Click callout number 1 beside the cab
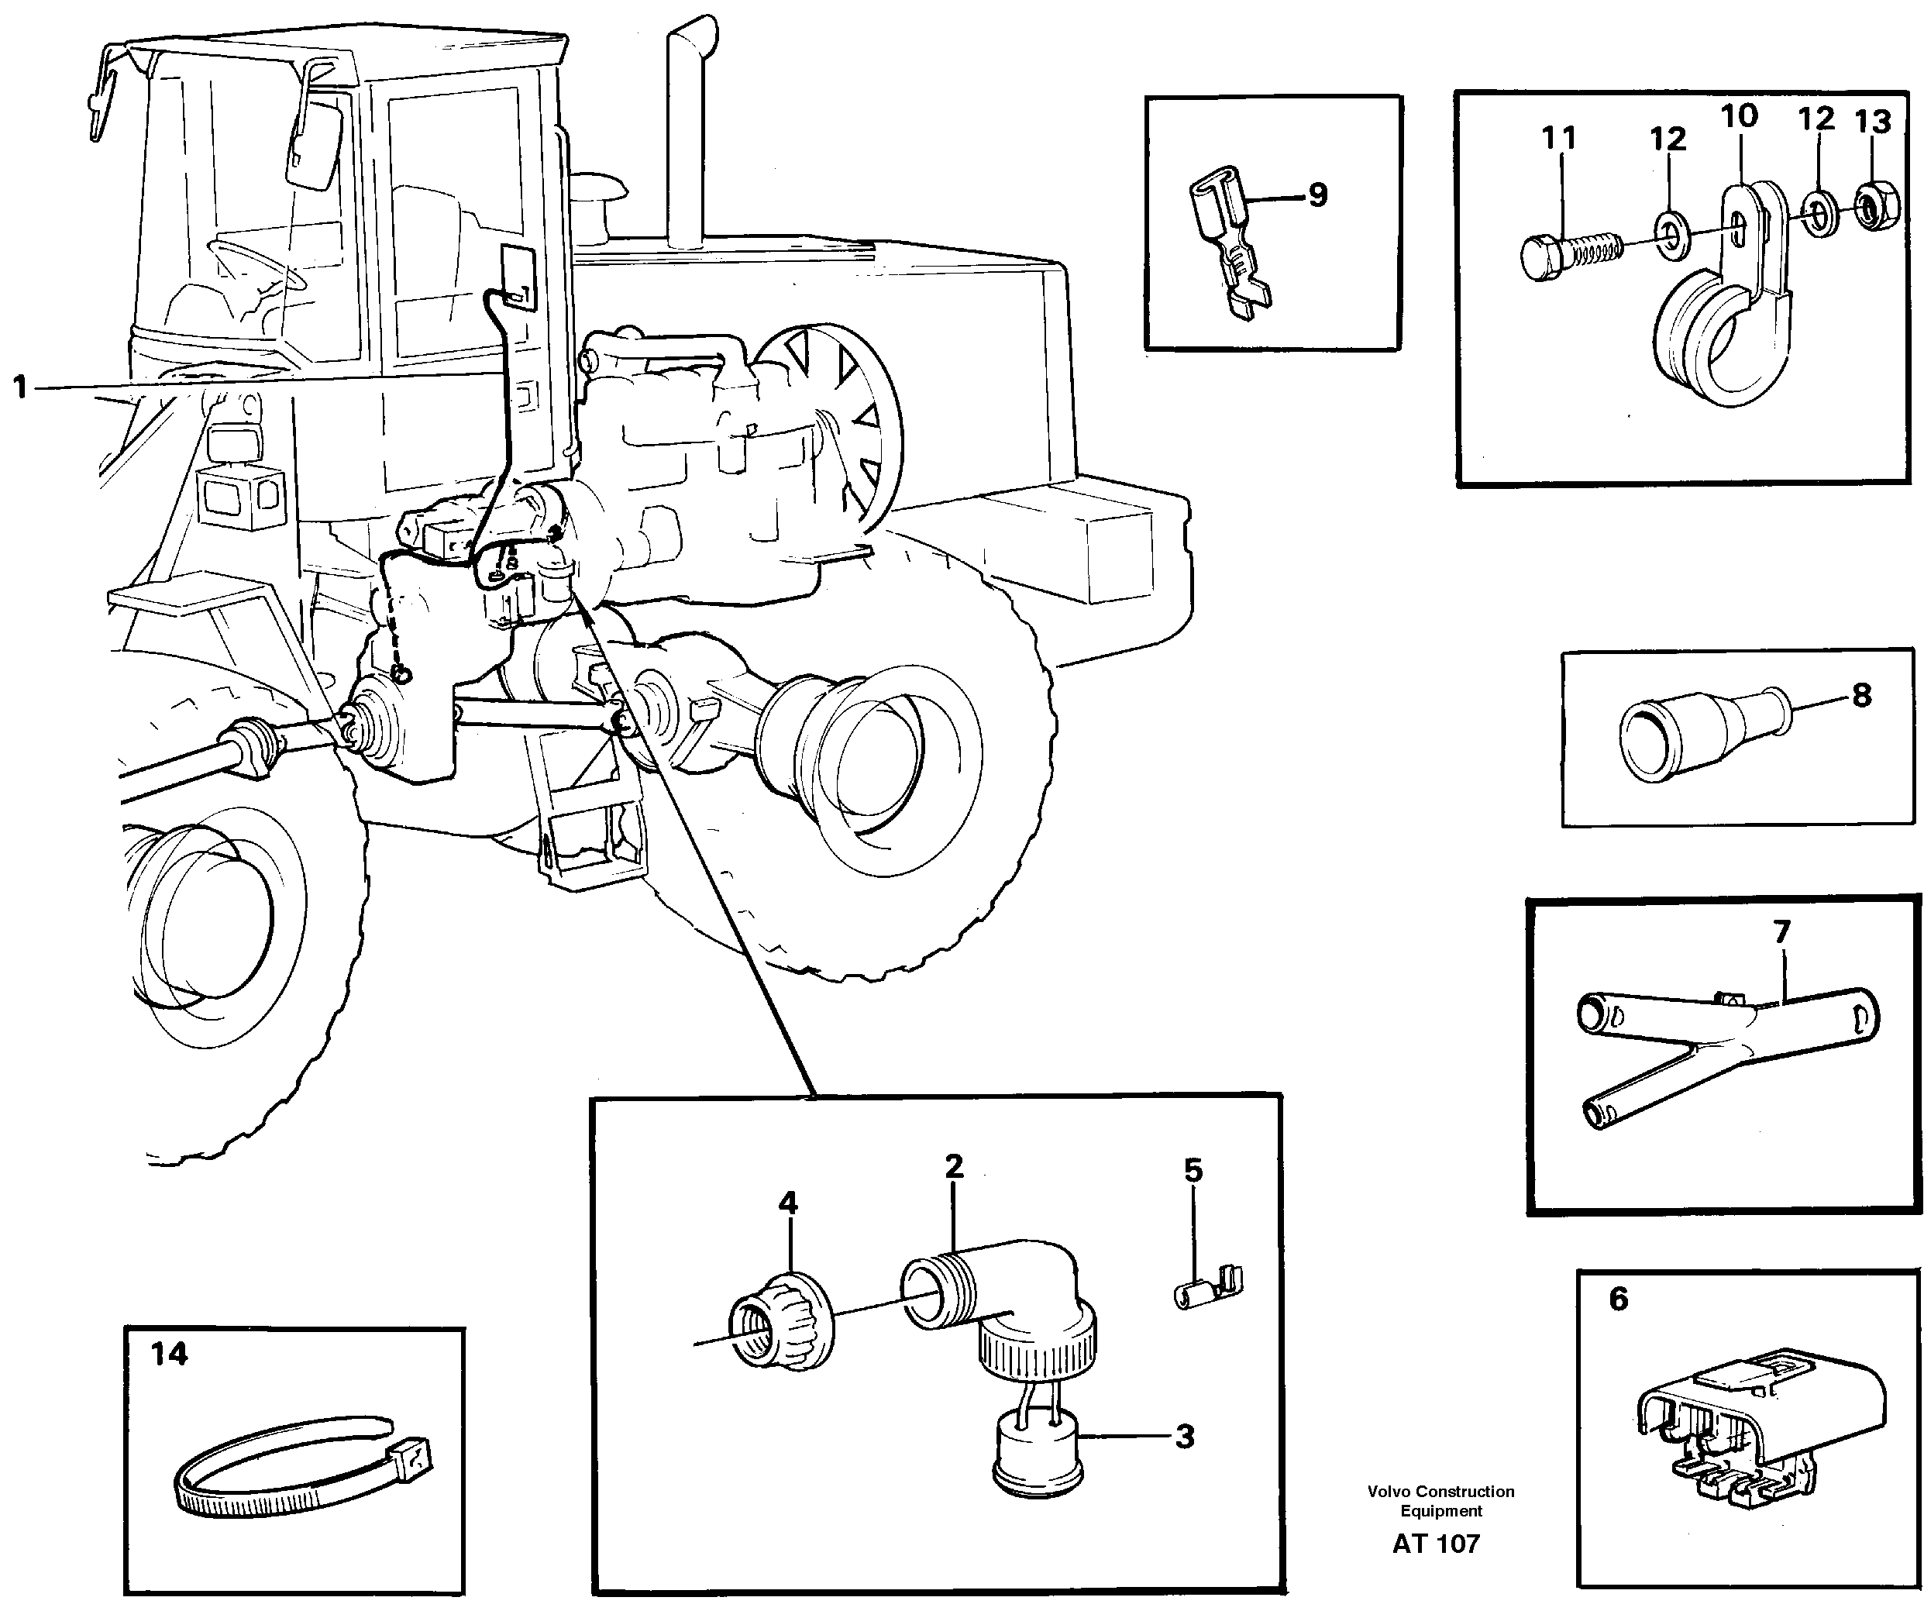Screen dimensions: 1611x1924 [20, 387]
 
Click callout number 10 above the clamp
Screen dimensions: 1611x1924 [1739, 117]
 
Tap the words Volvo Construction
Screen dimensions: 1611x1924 [1440, 1492]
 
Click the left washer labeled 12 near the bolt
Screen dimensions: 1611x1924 [1671, 230]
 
